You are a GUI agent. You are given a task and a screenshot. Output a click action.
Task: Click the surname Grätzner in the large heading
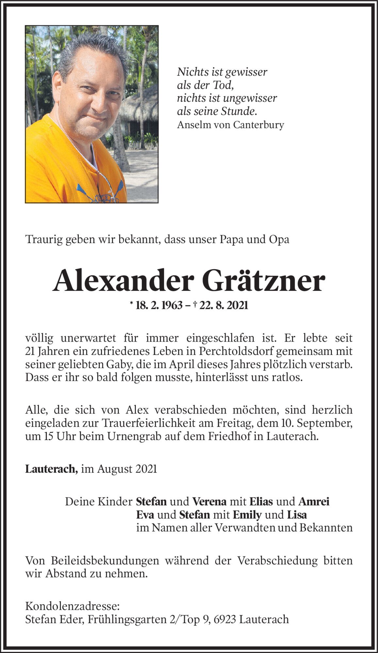[x=267, y=282]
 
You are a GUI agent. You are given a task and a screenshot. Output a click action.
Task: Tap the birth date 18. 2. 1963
[x=159, y=306]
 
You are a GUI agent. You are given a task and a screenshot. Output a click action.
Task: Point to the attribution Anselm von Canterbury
[x=230, y=125]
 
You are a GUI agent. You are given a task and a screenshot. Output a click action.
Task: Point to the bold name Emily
[x=247, y=515]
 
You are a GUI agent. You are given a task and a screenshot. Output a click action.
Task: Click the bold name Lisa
[x=297, y=515]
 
